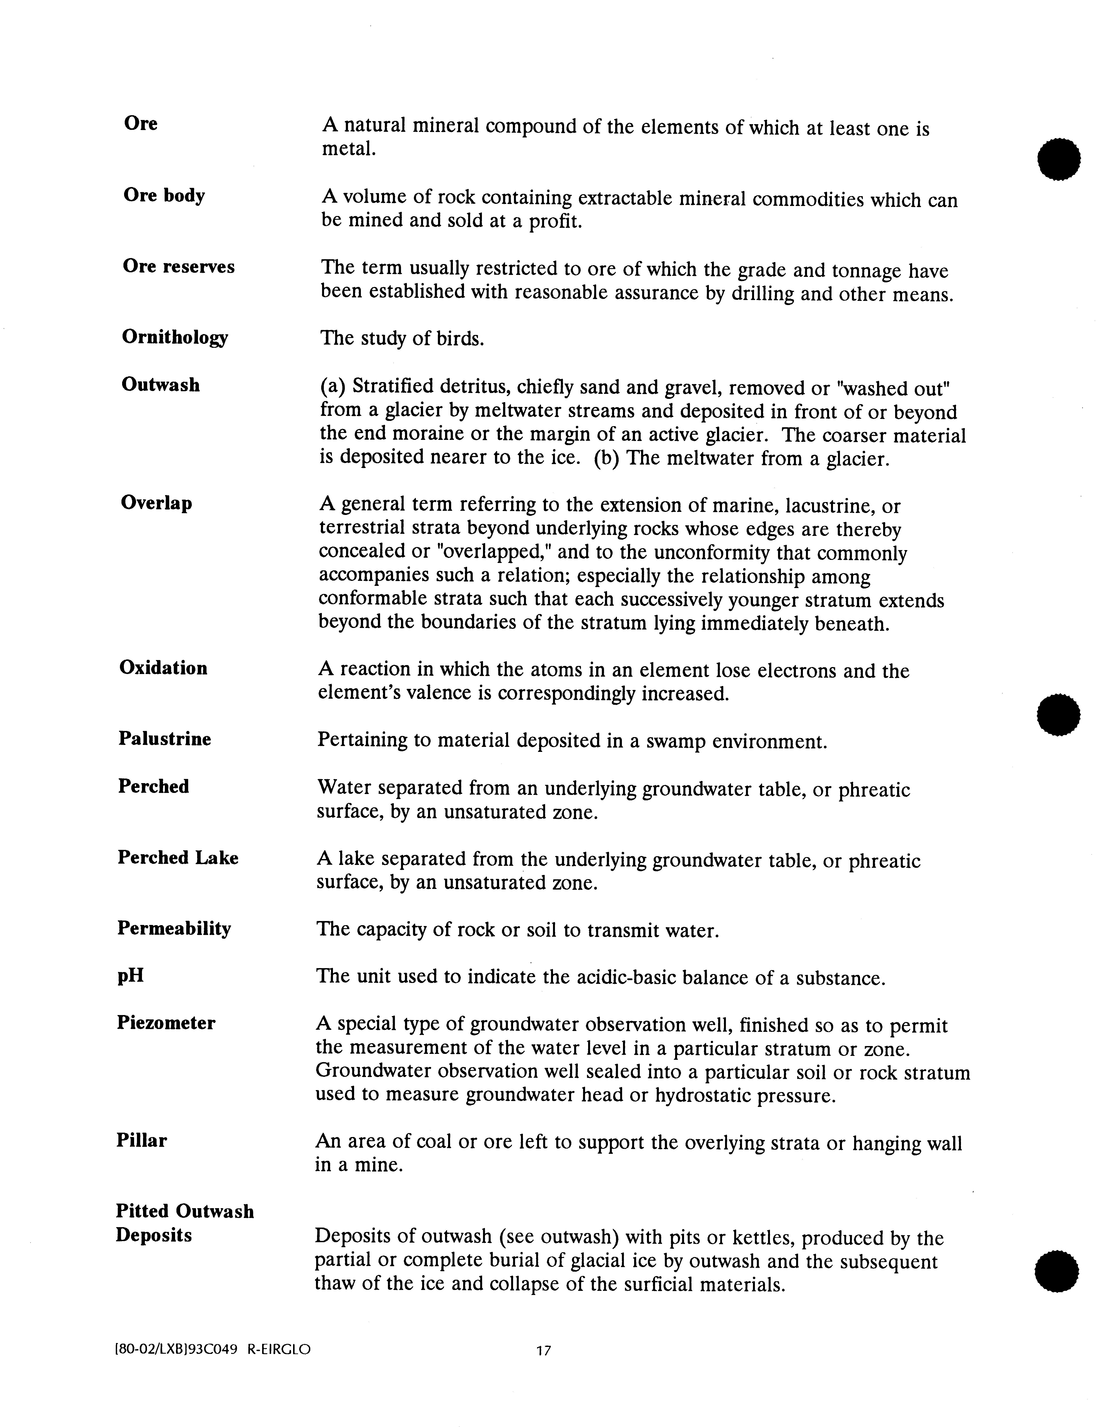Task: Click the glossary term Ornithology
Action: point(174,338)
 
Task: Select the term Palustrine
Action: point(165,739)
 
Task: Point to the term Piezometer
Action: point(166,1022)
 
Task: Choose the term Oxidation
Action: point(163,668)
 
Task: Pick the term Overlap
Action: point(157,503)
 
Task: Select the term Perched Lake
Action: point(178,858)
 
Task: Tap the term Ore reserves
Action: point(178,267)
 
